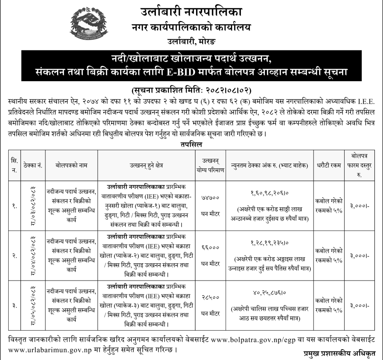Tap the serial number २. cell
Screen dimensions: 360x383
(x=15, y=256)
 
